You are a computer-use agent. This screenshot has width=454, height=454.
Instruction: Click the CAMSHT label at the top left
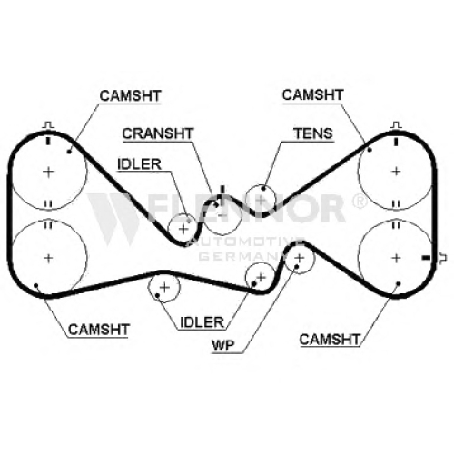(x=130, y=96)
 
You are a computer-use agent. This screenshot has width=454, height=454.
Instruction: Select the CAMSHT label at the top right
(x=312, y=95)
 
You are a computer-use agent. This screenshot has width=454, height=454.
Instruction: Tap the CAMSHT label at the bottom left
(x=99, y=330)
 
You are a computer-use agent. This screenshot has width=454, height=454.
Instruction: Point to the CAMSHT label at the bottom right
(x=330, y=340)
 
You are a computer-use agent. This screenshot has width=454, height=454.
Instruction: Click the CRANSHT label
(x=158, y=133)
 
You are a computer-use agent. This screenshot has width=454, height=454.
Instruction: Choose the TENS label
(x=313, y=133)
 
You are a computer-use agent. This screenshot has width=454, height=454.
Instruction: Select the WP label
(x=223, y=345)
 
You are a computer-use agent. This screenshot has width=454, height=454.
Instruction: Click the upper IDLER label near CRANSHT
(x=139, y=164)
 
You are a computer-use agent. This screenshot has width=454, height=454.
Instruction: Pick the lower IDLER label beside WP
(x=202, y=322)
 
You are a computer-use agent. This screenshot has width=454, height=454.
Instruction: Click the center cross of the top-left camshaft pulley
(x=48, y=172)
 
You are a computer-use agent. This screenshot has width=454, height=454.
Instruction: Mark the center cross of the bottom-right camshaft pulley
(x=396, y=258)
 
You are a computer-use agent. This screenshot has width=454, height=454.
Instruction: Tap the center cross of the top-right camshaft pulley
(x=396, y=172)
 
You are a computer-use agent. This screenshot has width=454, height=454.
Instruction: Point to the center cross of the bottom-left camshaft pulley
(x=48, y=258)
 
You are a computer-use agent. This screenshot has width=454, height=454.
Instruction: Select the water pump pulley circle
(x=315, y=258)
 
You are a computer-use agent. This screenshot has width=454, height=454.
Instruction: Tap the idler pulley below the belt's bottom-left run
(x=180, y=287)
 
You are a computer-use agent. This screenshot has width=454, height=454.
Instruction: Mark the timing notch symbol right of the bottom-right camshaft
(x=443, y=258)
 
